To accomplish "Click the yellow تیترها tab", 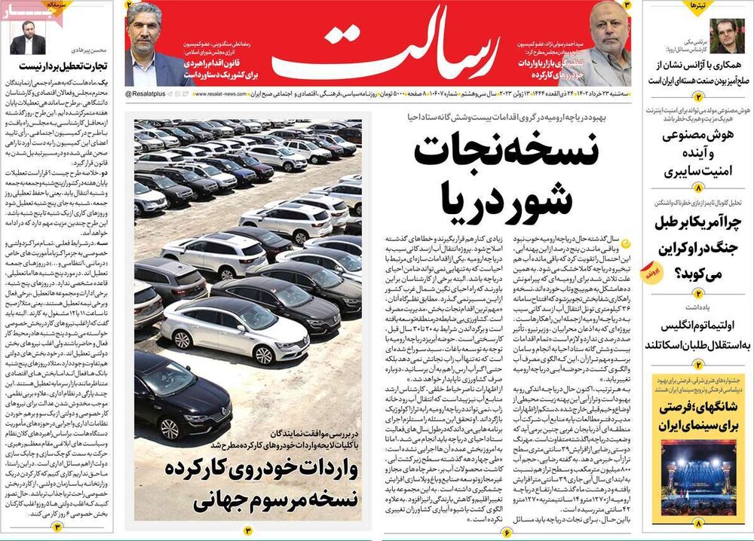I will click(x=697, y=7).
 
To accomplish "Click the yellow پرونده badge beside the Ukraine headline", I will click(x=654, y=275).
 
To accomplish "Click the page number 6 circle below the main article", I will click(x=507, y=531).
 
